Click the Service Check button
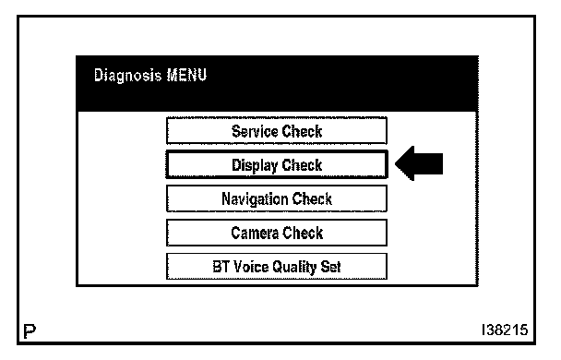pos(277,131)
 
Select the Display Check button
pos(277,164)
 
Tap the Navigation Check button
pos(277,198)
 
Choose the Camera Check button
pos(277,233)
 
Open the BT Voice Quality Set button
pos(277,266)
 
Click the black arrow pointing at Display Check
pos(419,163)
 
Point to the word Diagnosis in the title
pos(127,76)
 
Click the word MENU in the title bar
pos(186,75)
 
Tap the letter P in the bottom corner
pos(30,331)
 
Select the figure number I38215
pos(505,330)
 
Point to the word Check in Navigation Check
pos(312,199)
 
